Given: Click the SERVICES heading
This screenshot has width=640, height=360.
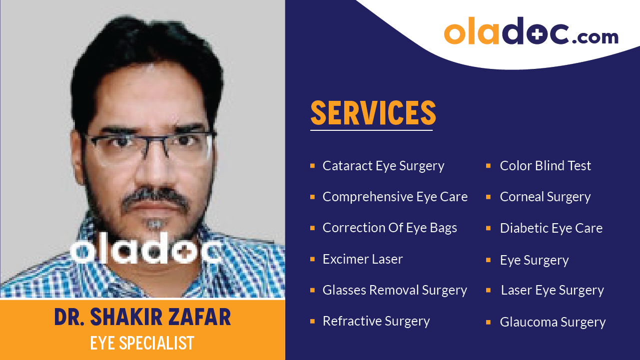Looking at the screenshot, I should tap(373, 113).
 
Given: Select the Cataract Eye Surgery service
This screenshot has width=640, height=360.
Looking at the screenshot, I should tap(383, 166).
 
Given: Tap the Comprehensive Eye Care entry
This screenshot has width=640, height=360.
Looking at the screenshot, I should tap(395, 197).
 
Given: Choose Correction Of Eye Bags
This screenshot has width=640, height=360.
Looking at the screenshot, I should tap(390, 228).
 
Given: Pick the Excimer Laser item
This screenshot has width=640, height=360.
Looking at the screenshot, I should tap(362, 259).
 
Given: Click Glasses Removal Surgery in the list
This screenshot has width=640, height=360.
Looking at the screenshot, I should tap(395, 290).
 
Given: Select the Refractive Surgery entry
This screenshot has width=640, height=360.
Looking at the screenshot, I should tap(376, 321).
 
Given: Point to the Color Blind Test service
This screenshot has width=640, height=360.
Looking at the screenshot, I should tap(545, 166).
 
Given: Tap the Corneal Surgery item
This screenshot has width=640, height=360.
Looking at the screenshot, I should tap(545, 197).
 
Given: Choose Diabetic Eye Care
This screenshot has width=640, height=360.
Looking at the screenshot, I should tap(551, 228).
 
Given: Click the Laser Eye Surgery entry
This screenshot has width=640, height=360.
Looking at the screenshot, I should tap(552, 290).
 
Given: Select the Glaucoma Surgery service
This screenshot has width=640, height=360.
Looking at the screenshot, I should tap(553, 322).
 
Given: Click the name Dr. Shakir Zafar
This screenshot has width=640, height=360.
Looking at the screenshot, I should tap(142, 318).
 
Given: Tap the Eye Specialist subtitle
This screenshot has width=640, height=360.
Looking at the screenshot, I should tap(142, 343).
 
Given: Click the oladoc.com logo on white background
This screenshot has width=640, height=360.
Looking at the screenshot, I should tap(531, 32).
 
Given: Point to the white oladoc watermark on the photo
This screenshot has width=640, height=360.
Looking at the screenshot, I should tap(146, 251).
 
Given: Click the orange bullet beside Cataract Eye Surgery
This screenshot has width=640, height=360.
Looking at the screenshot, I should tap(312, 166).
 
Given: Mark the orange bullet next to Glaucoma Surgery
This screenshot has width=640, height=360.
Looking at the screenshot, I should tap(489, 323).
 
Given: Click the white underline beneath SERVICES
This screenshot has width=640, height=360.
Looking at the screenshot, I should tap(371, 130).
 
